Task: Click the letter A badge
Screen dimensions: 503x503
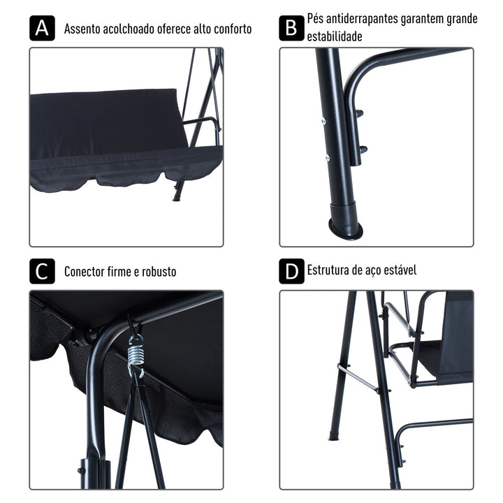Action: [42, 29]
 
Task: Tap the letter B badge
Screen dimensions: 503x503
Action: [291, 29]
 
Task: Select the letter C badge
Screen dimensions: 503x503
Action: [42, 271]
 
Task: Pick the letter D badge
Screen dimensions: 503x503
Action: [291, 271]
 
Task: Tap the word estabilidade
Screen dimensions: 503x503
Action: [335, 37]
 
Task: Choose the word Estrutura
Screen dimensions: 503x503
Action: [330, 270]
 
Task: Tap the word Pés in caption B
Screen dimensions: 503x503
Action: [316, 19]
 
